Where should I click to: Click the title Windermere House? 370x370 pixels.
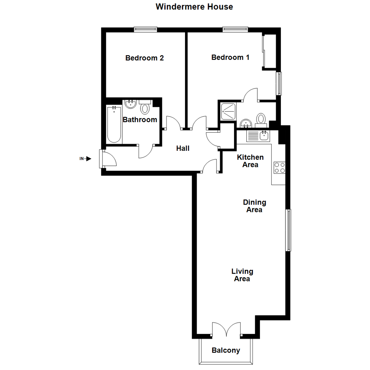[194, 7]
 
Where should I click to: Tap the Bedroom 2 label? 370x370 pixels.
[144, 58]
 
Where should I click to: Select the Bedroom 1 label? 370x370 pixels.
[230, 57]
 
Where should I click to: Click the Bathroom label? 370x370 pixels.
[140, 120]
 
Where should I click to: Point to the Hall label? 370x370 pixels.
[183, 148]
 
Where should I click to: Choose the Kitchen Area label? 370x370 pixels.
[250, 161]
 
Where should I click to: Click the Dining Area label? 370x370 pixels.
[254, 206]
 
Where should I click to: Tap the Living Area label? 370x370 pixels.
[242, 275]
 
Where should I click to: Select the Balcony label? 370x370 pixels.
[226, 350]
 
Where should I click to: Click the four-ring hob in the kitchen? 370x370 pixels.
[279, 168]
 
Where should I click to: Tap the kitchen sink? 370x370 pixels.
[264, 136]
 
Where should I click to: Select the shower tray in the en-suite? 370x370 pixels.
[228, 111]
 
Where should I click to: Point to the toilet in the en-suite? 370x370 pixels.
[261, 119]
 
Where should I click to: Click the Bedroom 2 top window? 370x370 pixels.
[146, 29]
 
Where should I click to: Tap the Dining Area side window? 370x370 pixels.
[289, 230]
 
